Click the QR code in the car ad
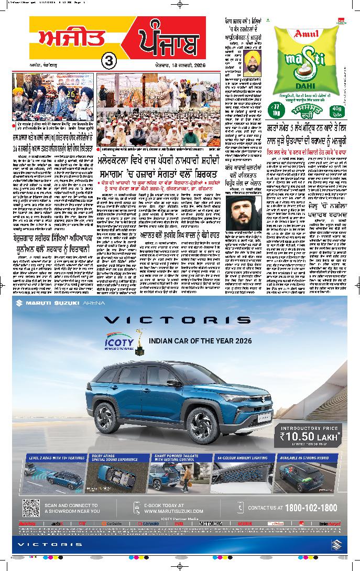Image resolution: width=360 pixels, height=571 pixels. click(31, 508)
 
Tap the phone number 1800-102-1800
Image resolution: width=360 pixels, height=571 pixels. click(300, 508)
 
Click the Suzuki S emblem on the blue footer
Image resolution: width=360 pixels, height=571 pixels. click(335, 544)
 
